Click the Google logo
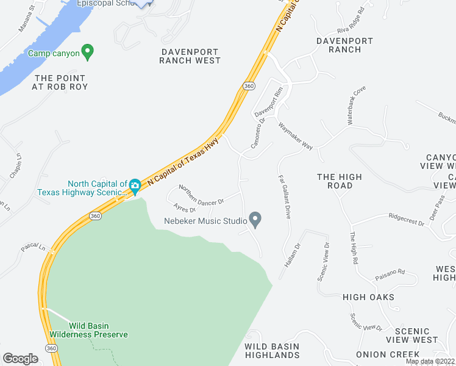20,359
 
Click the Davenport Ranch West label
190,56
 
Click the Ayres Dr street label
184,209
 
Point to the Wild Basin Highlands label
272,350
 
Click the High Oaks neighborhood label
368,297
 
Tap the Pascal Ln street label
34,248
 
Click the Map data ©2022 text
430,361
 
